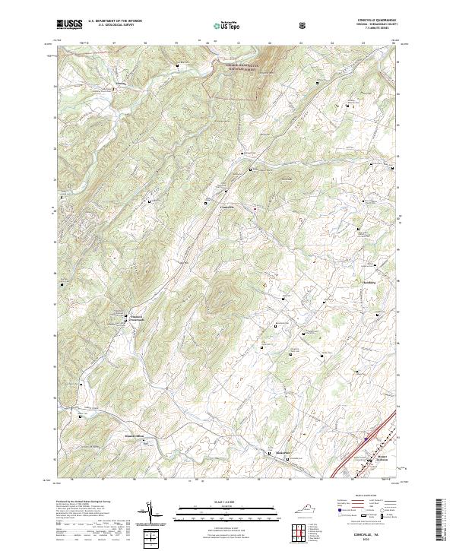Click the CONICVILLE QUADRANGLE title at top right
tap(376, 21)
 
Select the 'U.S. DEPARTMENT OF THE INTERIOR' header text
tap(113, 21)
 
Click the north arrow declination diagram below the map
tap(150, 514)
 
